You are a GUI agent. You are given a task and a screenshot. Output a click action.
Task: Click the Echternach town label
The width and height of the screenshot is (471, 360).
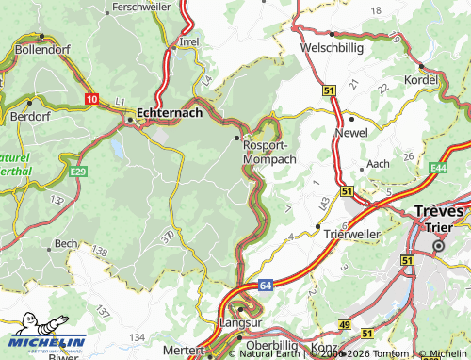170,112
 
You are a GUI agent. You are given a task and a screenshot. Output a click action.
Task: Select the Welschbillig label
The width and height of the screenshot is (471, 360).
331,46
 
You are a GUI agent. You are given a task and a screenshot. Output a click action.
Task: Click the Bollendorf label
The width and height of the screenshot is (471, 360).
44,48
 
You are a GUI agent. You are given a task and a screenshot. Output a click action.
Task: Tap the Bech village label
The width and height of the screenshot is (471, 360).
66,243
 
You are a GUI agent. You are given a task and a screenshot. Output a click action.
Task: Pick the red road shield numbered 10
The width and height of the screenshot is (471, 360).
90,98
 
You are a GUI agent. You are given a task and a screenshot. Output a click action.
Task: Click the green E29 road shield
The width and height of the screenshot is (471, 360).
78,171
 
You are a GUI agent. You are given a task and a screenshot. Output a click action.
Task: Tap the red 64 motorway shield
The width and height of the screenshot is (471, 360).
266,282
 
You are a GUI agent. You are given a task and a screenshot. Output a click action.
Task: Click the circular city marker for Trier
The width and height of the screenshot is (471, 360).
437,246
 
